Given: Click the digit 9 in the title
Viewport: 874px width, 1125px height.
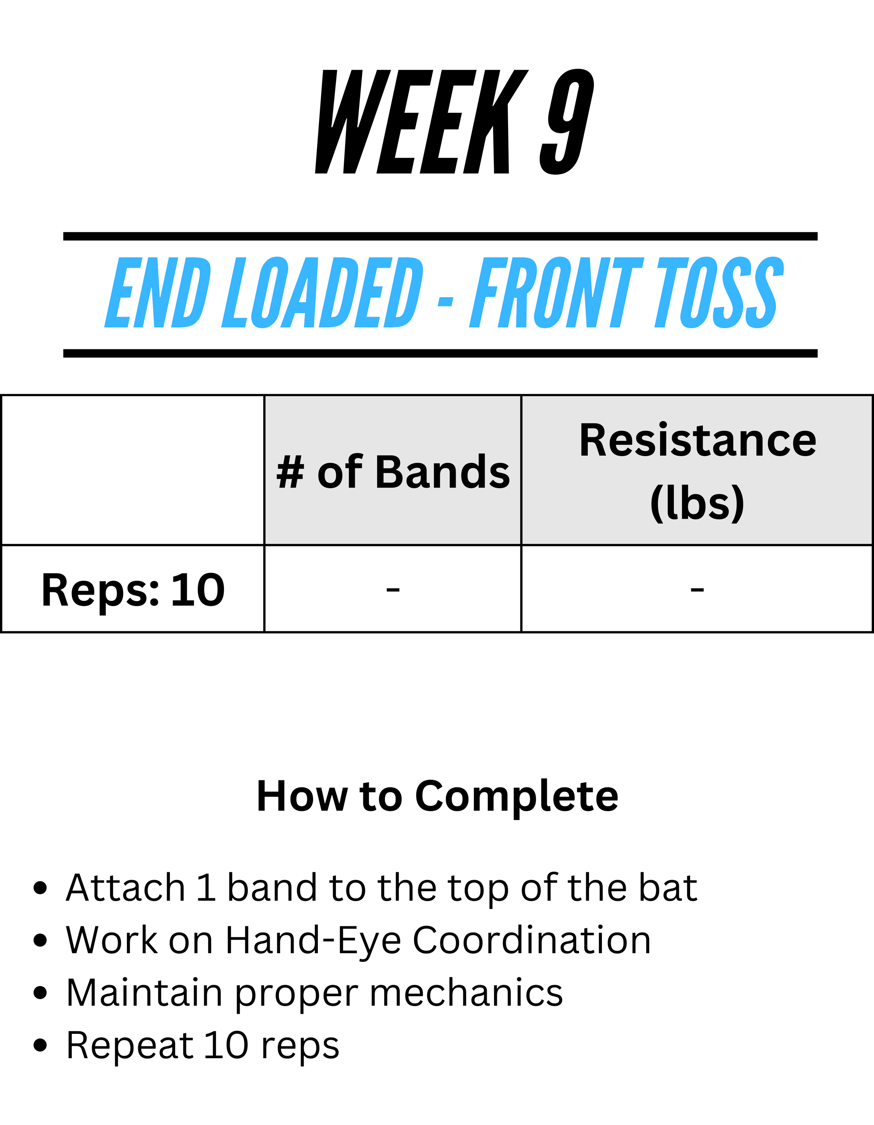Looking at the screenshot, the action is [x=567, y=121].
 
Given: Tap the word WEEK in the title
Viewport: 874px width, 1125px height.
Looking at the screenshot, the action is [x=421, y=121].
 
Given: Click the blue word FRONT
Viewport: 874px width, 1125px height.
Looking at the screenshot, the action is [x=557, y=292].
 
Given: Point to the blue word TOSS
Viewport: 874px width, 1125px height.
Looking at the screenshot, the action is [x=719, y=292].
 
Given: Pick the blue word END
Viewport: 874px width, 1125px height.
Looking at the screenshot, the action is [x=158, y=292].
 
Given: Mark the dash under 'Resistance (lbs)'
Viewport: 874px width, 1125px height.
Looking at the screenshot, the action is [x=697, y=589].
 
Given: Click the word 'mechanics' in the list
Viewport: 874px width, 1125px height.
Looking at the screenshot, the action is [x=466, y=993].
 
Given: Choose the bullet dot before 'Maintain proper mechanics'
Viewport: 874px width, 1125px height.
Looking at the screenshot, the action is [x=40, y=993].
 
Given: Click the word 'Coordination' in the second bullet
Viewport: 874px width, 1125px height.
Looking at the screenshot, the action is [x=532, y=940].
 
